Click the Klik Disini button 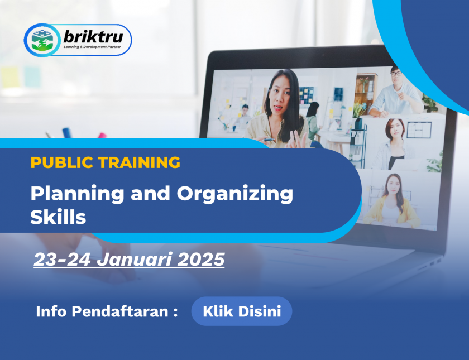(x=242, y=311)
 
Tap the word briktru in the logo (x=93, y=37)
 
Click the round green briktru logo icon (x=42, y=40)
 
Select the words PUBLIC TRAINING (x=106, y=162)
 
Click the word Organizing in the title (x=235, y=194)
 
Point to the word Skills (x=58, y=217)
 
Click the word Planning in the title (x=77, y=194)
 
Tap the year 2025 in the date (x=200, y=259)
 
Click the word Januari (x=134, y=259)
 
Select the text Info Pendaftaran (x=102, y=311)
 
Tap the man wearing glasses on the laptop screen (x=395, y=93)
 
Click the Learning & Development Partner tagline (x=92, y=47)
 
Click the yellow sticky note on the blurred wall (x=9, y=76)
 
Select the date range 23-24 (x=62, y=259)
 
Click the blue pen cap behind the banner (x=66, y=133)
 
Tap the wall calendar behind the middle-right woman (x=419, y=129)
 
